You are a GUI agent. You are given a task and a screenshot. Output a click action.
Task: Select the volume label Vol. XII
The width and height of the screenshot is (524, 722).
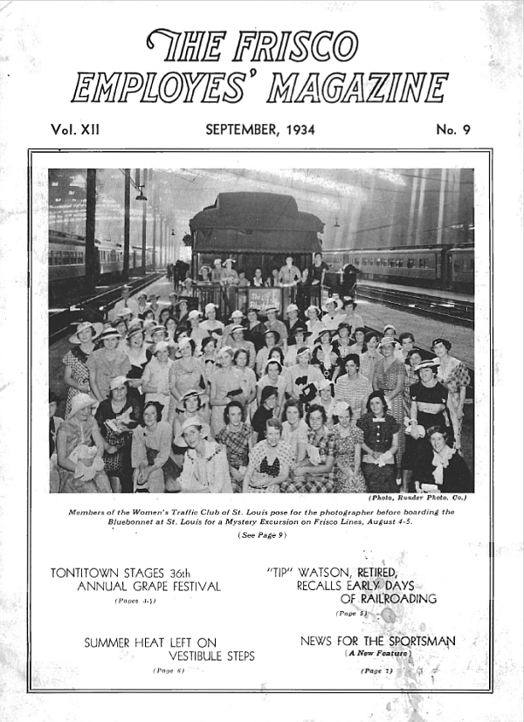(76, 130)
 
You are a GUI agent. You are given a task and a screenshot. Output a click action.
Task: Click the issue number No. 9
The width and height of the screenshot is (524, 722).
(453, 130)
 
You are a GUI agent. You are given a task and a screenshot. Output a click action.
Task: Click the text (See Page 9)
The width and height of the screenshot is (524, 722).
(262, 535)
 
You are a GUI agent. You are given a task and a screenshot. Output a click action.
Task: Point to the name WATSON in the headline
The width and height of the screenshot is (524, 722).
(325, 573)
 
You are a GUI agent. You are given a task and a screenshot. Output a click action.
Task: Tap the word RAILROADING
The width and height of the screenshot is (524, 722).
(388, 599)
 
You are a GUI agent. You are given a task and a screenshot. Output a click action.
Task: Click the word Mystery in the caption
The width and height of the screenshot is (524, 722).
(285, 523)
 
